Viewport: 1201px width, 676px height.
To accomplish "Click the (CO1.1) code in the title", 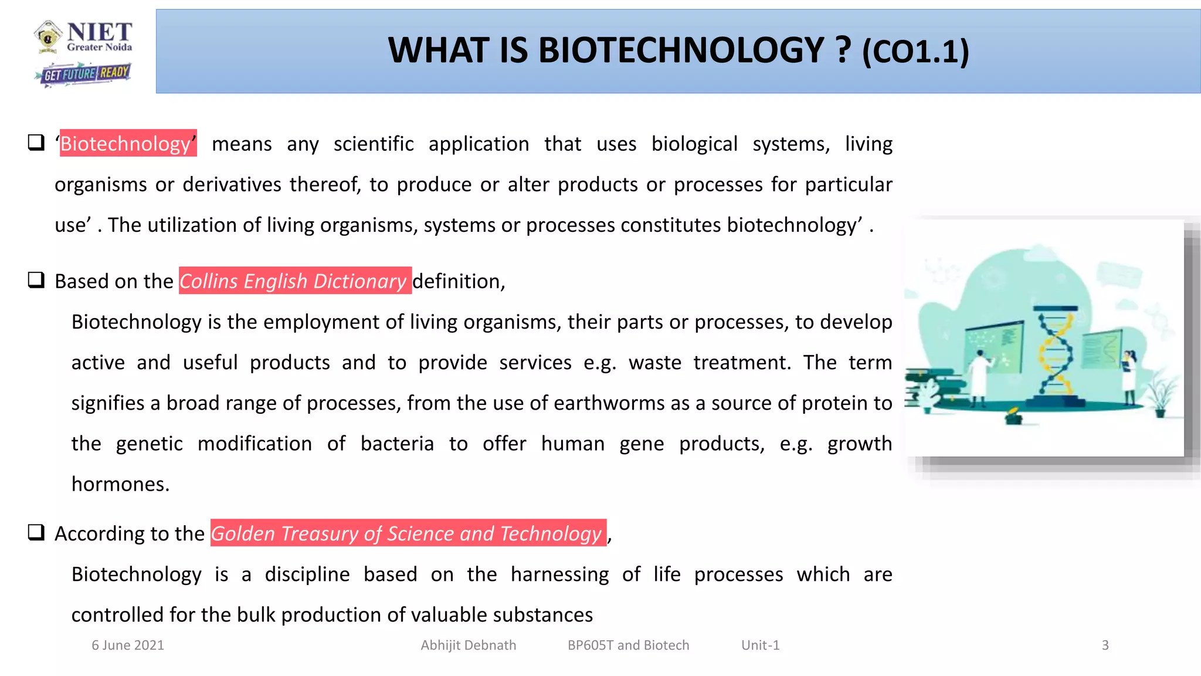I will click(x=915, y=52).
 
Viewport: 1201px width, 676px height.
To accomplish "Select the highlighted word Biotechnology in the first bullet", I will click(x=125, y=144).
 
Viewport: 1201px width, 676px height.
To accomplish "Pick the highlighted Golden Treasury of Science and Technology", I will click(x=407, y=533).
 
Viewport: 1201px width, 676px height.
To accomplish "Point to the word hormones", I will click(x=120, y=484).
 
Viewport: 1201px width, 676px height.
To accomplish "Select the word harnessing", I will click(x=559, y=574).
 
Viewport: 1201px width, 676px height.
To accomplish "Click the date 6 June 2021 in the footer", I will click(x=128, y=645).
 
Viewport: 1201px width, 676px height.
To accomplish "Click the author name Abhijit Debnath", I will click(x=468, y=645).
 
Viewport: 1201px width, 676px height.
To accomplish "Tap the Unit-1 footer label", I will click(x=760, y=645).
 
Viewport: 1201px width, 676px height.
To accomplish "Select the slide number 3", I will click(x=1105, y=645).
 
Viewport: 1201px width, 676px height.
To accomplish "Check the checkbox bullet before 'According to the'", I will click(x=36, y=532).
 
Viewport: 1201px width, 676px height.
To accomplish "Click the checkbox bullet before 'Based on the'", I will click(x=36, y=280).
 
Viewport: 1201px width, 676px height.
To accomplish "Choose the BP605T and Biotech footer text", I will click(x=628, y=645).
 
